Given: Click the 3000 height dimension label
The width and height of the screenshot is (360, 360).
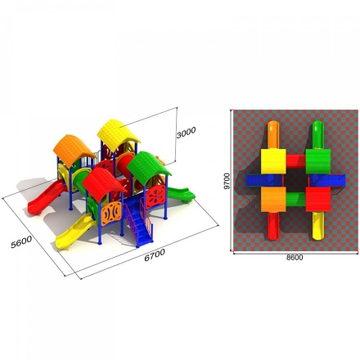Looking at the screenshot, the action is point(186,133).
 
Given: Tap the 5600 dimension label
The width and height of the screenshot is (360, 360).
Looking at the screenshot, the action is point(21,242).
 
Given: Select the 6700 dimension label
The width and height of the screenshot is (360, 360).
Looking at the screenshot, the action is point(155,255).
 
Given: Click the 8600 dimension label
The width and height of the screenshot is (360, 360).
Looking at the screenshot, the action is point(295,258).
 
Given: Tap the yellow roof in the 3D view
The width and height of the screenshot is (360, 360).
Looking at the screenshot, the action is point(118,134).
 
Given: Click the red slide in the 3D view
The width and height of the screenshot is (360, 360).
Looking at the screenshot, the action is point(46,197).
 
